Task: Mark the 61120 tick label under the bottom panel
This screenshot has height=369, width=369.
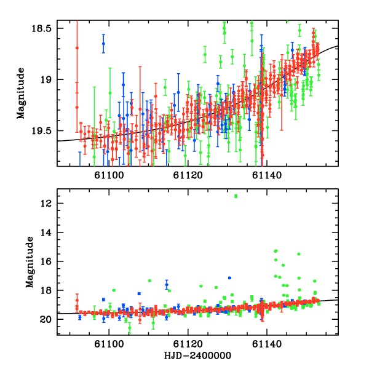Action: pyautogui.click(x=187, y=344)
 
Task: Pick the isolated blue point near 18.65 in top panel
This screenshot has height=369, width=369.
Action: pyautogui.click(x=103, y=44)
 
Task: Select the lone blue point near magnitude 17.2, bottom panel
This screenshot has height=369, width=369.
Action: pyautogui.click(x=229, y=278)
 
